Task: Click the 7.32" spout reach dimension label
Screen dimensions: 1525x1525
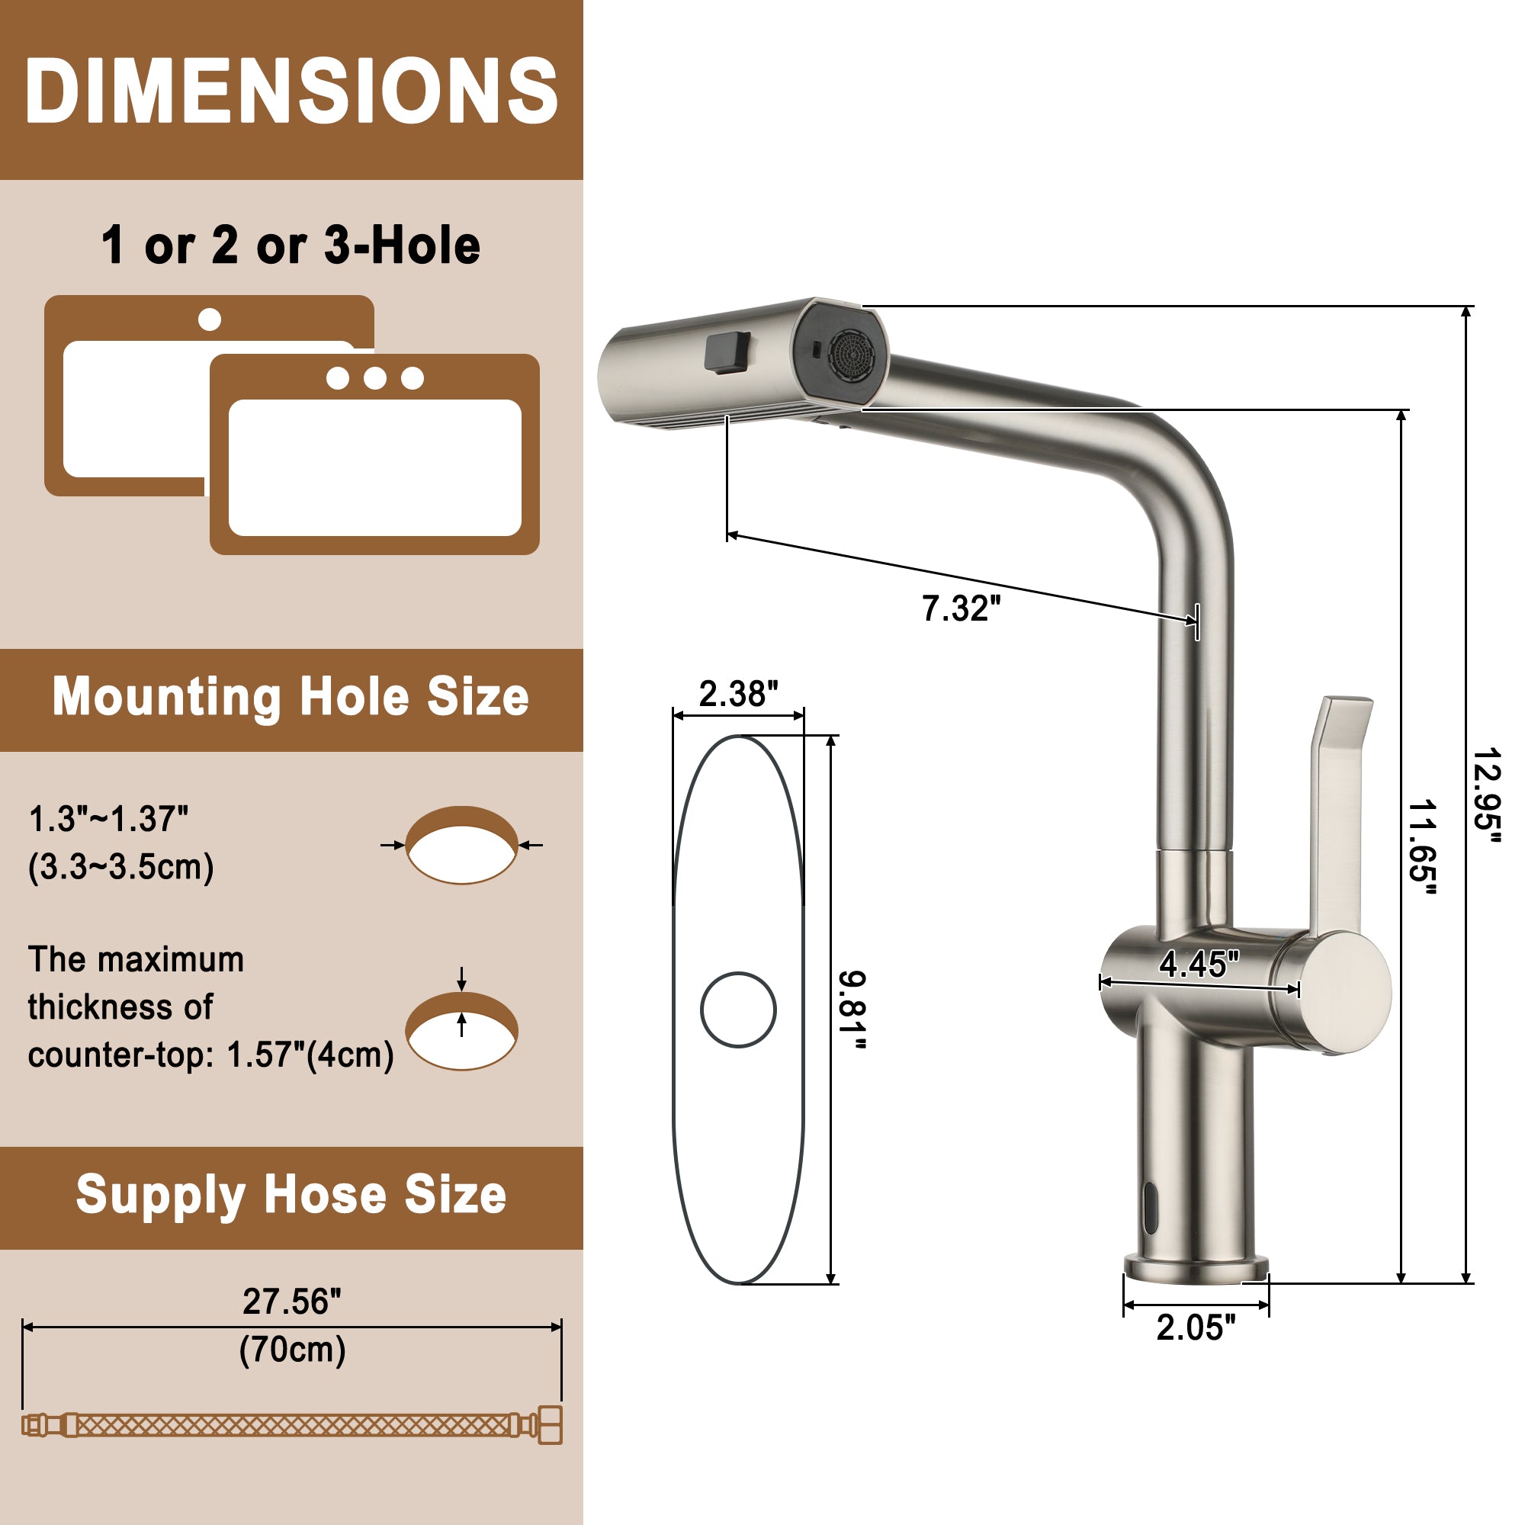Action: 961,608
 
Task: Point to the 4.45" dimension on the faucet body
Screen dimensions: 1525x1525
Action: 1198,964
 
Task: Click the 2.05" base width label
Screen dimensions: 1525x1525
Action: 1195,1328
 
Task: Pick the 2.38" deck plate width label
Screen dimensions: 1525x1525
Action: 738,694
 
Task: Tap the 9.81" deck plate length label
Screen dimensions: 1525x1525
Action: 852,1010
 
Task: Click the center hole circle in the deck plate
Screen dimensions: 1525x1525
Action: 738,1010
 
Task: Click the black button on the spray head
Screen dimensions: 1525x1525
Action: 727,352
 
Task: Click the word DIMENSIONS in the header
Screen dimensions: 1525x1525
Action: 291,91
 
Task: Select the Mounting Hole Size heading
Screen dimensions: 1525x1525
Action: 291,697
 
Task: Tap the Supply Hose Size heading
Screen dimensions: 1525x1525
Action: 291,1194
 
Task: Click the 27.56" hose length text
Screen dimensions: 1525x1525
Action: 291,1302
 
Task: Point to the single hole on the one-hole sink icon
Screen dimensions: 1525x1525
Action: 209,319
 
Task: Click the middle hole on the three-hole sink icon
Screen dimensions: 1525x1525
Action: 375,378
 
